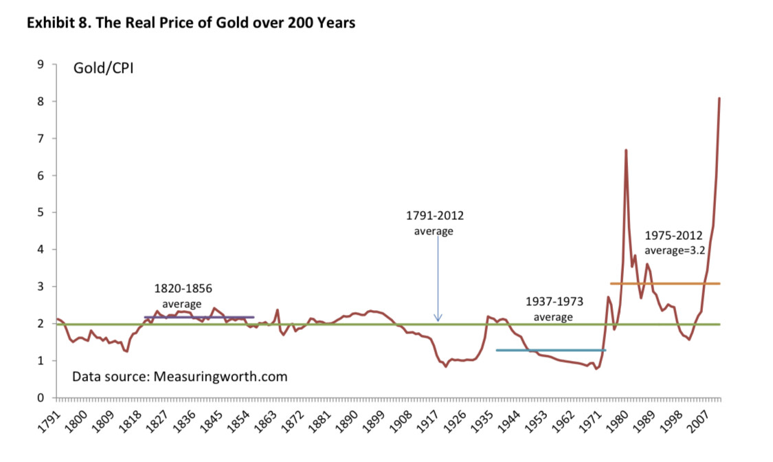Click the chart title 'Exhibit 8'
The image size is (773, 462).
coord(190,23)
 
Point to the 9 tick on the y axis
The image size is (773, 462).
coord(40,65)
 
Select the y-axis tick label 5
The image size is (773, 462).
coord(40,212)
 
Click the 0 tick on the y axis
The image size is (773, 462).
coord(40,398)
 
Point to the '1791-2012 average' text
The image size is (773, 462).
coord(434,223)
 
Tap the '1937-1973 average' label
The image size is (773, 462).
coord(553,309)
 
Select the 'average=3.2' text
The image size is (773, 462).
coord(674,251)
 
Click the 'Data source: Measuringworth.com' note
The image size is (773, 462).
coord(179,377)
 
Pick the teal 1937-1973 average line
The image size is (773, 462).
coord(550,350)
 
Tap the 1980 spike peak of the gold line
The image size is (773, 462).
coord(626,150)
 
